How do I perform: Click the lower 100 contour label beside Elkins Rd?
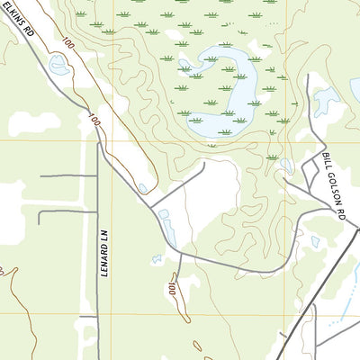[x=94, y=118]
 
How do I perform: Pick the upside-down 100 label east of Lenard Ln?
[x=171, y=289]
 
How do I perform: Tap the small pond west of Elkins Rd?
[x=59, y=65]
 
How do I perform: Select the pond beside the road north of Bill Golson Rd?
[x=326, y=101]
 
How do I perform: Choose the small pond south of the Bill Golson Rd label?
[x=316, y=241]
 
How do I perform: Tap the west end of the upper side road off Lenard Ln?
[x=41, y=175]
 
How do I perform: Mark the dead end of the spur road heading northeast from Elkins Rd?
[x=204, y=164]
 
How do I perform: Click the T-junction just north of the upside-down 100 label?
[x=180, y=255]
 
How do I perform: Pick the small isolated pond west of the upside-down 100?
[x=156, y=259]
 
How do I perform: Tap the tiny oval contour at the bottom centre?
[x=197, y=345]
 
